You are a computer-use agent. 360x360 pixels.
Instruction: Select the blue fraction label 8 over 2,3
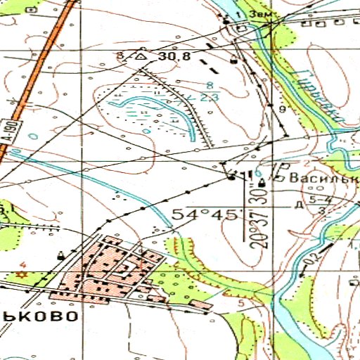(208, 91)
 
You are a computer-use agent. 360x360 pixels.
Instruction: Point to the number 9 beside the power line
(282, 110)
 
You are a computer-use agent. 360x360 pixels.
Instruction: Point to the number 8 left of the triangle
(120, 55)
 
